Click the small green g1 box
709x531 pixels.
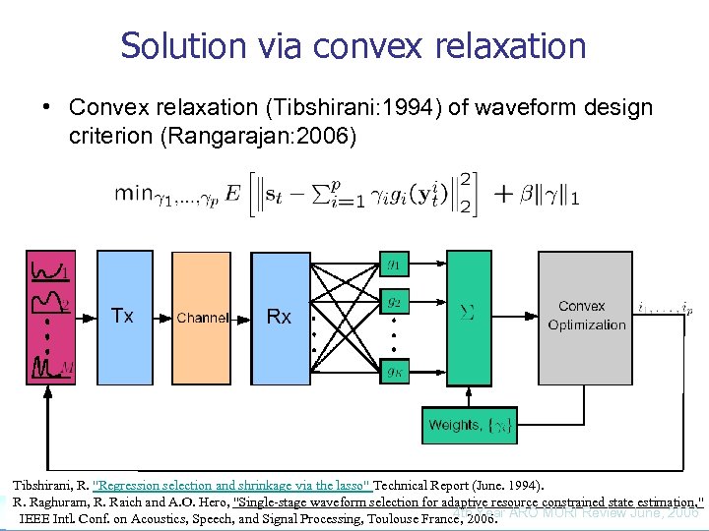pos(393,264)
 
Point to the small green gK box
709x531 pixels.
pos(393,371)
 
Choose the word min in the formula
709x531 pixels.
pos(133,192)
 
